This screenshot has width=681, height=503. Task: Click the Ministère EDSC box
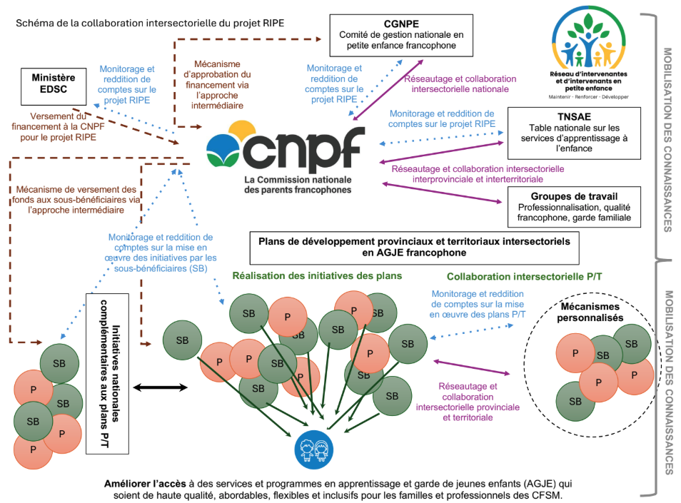(x=54, y=84)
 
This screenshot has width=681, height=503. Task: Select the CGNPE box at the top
(x=402, y=34)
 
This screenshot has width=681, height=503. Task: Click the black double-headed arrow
(x=161, y=387)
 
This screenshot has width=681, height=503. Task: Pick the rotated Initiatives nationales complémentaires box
(x=107, y=372)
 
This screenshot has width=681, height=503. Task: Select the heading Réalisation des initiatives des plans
(x=316, y=275)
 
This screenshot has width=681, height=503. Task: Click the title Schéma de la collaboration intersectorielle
(x=150, y=23)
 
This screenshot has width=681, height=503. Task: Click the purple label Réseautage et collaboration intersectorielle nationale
(x=459, y=84)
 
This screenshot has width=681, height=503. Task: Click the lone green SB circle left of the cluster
(x=183, y=340)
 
